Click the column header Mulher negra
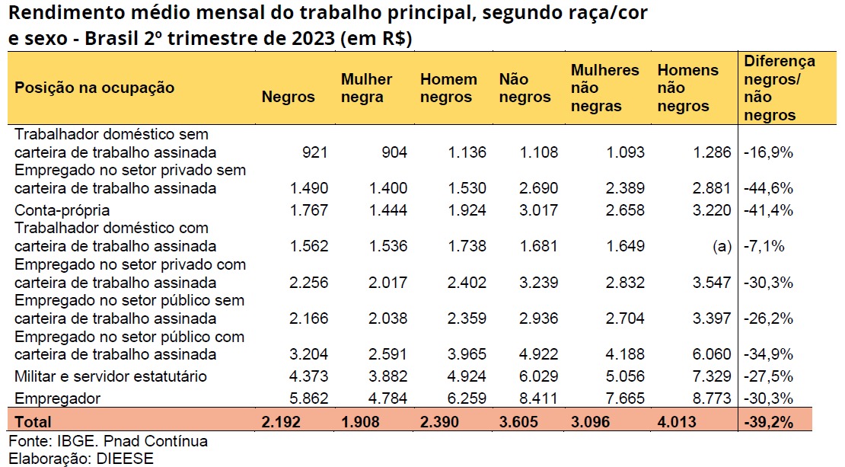[x=366, y=88]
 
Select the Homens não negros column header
[x=687, y=88]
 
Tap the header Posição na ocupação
[x=94, y=88]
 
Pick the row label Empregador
[x=58, y=398]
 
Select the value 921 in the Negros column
[x=314, y=152]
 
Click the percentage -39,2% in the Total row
[x=770, y=421]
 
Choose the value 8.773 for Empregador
[x=709, y=398]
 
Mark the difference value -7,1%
[x=765, y=246]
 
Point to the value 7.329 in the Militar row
[x=709, y=376]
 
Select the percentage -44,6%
[x=768, y=188]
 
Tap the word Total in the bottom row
[x=33, y=421]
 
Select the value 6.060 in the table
[x=709, y=354]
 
